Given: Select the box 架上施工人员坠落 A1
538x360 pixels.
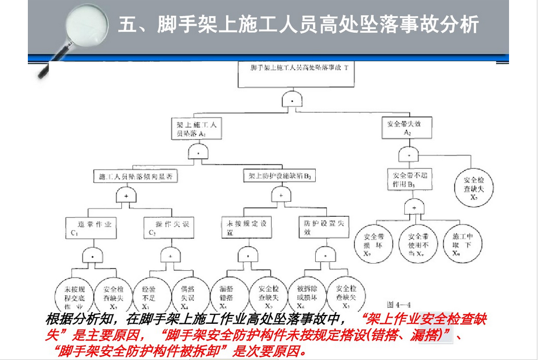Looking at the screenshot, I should [x=197, y=129].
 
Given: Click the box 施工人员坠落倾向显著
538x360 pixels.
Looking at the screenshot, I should [x=136, y=177].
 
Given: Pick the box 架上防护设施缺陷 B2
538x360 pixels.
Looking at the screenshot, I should [x=280, y=177].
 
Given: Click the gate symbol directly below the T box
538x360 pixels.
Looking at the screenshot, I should [x=292, y=101].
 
